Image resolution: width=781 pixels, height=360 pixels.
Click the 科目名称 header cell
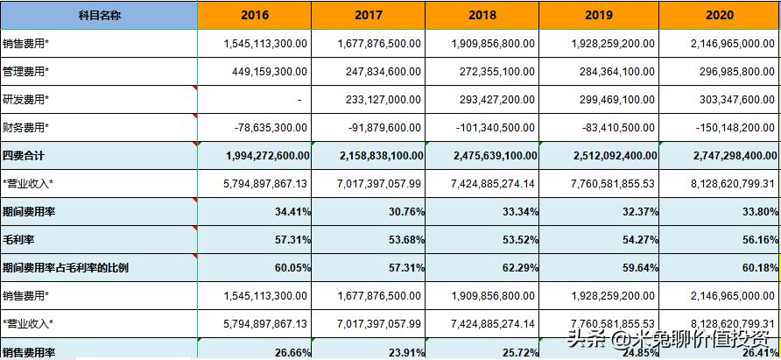[x=98, y=15]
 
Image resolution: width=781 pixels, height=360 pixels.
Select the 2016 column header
[x=254, y=15]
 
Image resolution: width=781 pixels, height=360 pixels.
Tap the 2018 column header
[x=482, y=15]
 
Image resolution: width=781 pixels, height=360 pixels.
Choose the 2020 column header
[x=719, y=15]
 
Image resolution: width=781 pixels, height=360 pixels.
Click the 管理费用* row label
[x=26, y=71]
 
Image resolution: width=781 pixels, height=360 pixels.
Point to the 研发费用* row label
[x=26, y=100]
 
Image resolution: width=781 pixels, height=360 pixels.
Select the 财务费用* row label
[x=26, y=128]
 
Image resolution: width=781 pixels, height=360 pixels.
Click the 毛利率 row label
[x=18, y=239]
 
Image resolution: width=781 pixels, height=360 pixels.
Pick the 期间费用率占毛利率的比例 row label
[x=66, y=267]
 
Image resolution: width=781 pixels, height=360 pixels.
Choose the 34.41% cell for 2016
[x=290, y=211]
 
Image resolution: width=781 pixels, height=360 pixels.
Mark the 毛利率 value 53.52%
[x=517, y=239]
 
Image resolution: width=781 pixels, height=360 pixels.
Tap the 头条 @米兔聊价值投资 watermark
[x=670, y=337]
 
